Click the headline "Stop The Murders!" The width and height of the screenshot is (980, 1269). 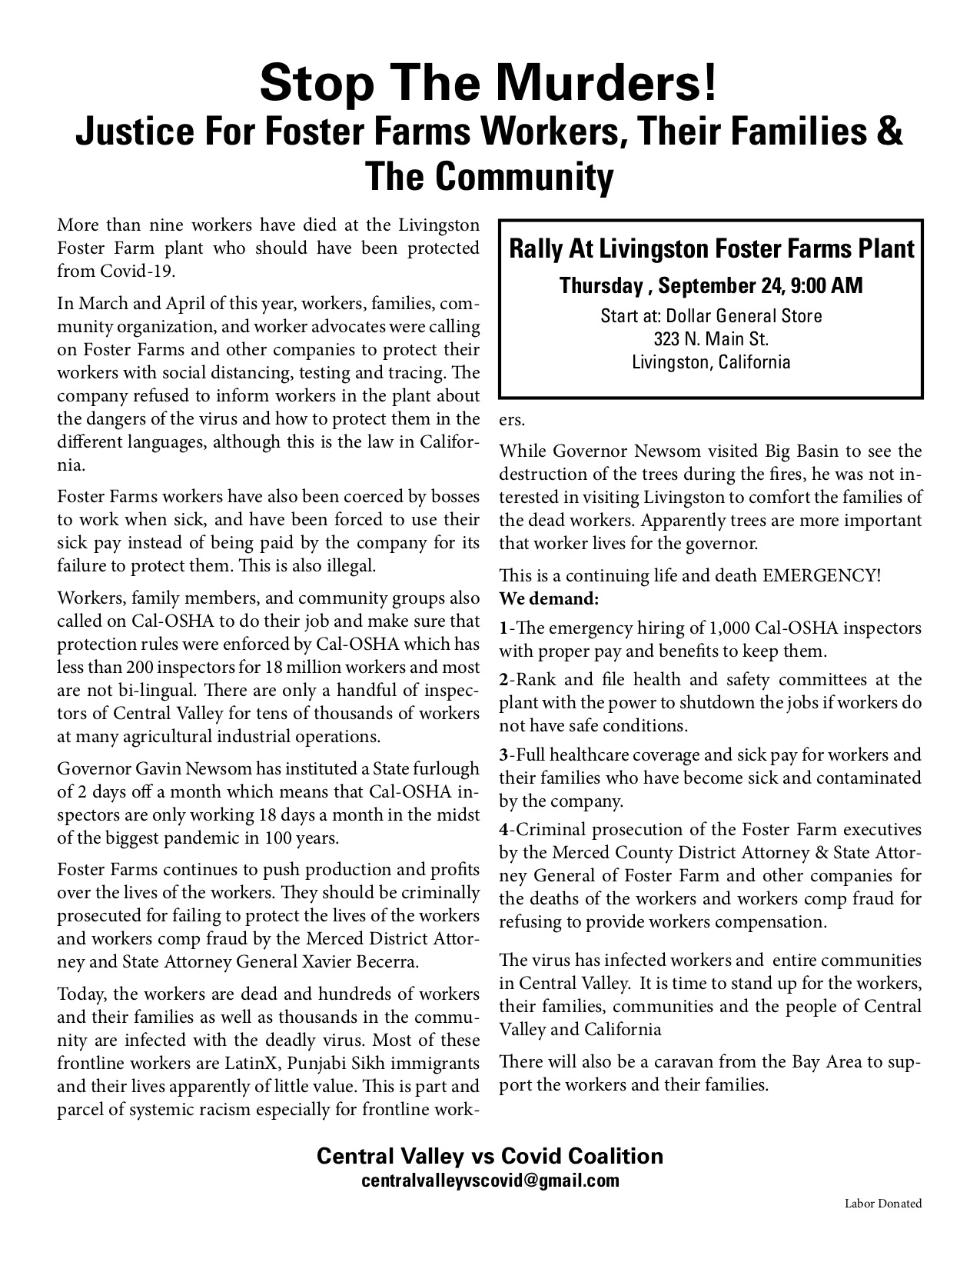click(x=489, y=83)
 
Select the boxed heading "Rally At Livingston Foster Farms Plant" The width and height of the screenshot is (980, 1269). click(x=712, y=249)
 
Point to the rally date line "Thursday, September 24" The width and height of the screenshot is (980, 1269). click(x=712, y=286)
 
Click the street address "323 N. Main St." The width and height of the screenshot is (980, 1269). click(x=711, y=338)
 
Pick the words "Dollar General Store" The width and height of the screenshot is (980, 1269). click(x=744, y=316)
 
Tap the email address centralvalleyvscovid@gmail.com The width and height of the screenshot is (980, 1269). click(x=490, y=1181)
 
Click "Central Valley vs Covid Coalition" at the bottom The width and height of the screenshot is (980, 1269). click(x=490, y=1156)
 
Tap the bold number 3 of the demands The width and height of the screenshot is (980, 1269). click(x=503, y=755)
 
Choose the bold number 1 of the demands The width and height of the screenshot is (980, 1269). click(x=503, y=628)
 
